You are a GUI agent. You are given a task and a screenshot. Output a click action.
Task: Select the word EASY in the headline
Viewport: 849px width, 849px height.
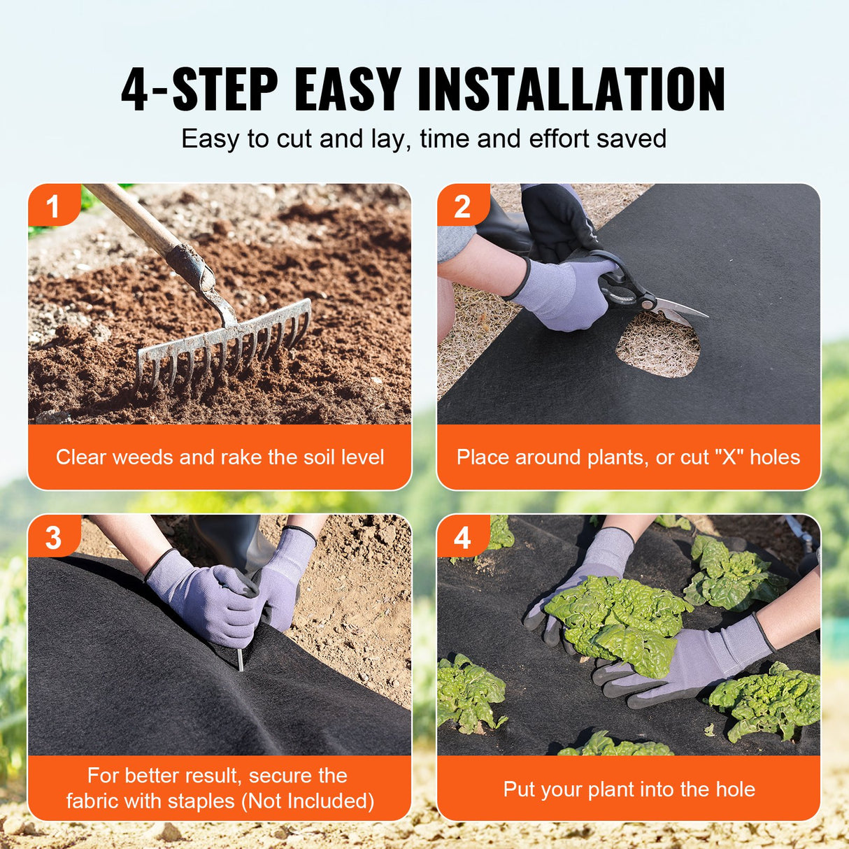coord(348,90)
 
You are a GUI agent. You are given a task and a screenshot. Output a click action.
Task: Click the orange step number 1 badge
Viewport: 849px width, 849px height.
coord(52,206)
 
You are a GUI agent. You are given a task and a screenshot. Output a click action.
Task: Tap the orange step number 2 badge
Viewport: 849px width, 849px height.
coord(462,206)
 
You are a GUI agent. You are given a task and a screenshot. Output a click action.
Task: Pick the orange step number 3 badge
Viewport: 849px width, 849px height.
coord(53,538)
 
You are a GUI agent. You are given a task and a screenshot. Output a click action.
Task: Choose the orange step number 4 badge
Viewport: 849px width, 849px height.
coord(462,538)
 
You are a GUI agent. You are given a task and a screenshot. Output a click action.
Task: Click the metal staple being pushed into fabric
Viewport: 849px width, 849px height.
coord(240,657)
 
